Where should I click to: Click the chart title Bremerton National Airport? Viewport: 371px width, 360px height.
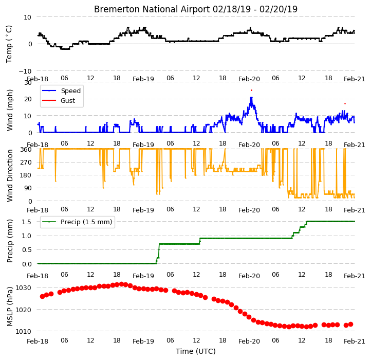click(152, 9)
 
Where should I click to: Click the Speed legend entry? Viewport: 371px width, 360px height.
click(61, 91)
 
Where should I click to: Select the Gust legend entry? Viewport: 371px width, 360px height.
click(58, 100)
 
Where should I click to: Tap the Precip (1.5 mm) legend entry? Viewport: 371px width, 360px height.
click(77, 222)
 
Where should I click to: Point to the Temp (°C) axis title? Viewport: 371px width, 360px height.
click(9, 44)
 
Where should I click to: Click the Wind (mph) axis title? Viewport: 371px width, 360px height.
click(9, 110)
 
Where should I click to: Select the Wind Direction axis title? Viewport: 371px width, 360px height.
click(9, 175)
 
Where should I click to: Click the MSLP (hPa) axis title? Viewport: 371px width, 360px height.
click(9, 307)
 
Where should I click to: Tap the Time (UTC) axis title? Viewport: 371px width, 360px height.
click(196, 351)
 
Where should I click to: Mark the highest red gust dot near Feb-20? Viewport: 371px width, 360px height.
click(251, 90)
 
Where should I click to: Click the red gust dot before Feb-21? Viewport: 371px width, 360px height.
click(345, 104)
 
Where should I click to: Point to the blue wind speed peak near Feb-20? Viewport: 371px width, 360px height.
click(251, 97)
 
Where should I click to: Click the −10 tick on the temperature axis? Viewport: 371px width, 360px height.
click(25, 71)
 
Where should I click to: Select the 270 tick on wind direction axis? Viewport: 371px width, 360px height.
click(26, 163)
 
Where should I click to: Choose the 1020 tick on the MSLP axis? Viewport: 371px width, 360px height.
click(23, 310)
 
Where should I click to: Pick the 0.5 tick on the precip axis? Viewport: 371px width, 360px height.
click(27, 250)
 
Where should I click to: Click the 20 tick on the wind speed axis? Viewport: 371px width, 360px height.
click(28, 99)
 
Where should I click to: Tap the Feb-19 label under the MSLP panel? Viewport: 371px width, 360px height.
click(143, 341)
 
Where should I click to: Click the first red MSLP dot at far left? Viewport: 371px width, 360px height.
click(42, 296)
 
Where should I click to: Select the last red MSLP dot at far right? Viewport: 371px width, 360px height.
click(350, 324)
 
